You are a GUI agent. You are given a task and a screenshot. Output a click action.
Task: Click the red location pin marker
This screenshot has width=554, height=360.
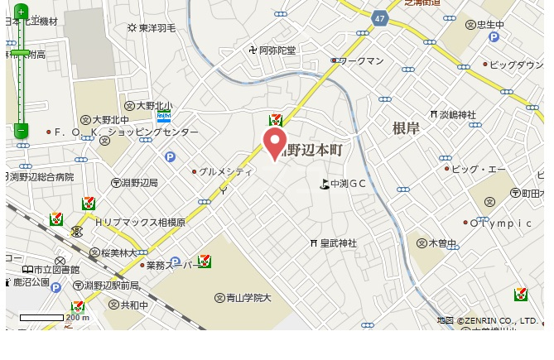click(x=275, y=143)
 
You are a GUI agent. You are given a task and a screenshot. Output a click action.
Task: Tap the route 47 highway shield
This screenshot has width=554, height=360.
click(x=380, y=18)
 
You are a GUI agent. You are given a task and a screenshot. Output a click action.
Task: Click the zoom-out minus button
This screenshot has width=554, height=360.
click(x=21, y=130)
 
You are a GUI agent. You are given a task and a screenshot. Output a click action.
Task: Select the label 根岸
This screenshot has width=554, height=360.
click(x=407, y=127)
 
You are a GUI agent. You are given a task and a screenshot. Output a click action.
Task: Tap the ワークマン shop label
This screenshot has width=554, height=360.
click(x=359, y=60)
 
